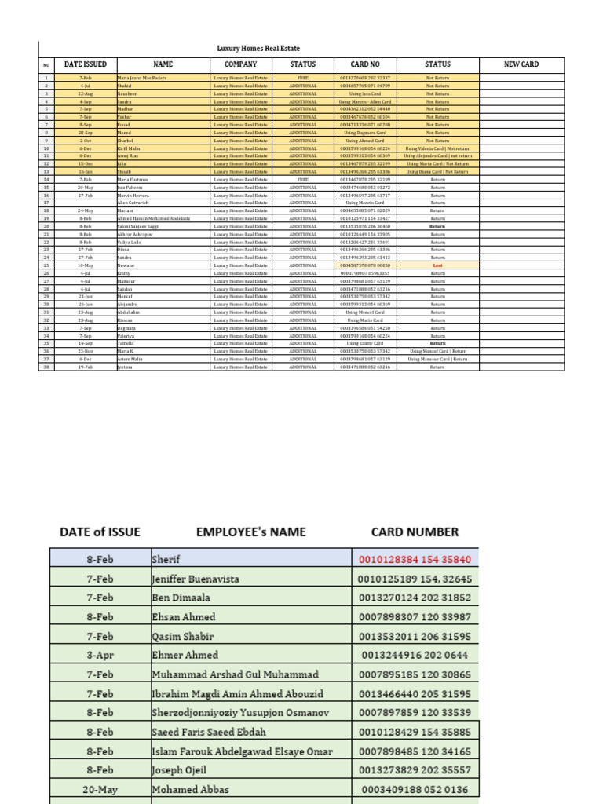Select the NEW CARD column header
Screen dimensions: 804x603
(521, 64)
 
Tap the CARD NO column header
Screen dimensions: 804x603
(364, 64)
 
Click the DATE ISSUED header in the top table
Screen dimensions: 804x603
(85, 64)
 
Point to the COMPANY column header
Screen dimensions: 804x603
(240, 64)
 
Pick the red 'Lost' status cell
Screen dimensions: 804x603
(437, 265)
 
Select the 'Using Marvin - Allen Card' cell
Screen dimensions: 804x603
(364, 102)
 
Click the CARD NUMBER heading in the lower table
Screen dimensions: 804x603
(415, 532)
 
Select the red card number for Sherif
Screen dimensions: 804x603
(415, 560)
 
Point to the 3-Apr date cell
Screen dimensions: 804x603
(100, 655)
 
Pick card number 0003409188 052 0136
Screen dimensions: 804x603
(415, 788)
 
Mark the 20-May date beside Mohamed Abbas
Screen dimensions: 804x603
(100, 788)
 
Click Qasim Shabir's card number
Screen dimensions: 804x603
(415, 636)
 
